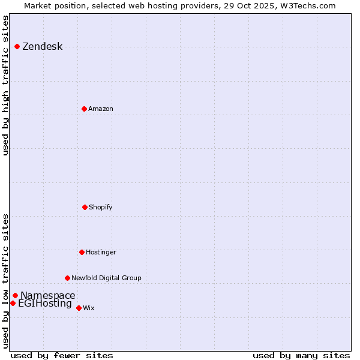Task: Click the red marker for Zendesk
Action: tap(17, 46)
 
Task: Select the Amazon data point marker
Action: tap(84, 109)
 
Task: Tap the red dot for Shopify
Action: tap(85, 207)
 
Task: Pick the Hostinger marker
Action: tap(82, 252)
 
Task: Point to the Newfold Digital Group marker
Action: tap(67, 278)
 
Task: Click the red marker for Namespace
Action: tap(15, 295)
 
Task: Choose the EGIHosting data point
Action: tap(13, 303)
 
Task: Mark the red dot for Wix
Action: tap(79, 308)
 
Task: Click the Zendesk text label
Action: tap(42, 47)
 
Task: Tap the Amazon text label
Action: tap(101, 109)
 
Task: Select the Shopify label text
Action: tap(101, 208)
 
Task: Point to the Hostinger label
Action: tap(101, 253)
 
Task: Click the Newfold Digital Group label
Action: tap(106, 278)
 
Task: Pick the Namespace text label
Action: tap(48, 296)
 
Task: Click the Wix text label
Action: tap(89, 308)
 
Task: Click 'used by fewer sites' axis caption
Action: tap(62, 355)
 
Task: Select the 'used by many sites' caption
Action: tap(301, 355)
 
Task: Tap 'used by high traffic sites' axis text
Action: tap(5, 85)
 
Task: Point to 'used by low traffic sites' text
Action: tap(5, 281)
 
